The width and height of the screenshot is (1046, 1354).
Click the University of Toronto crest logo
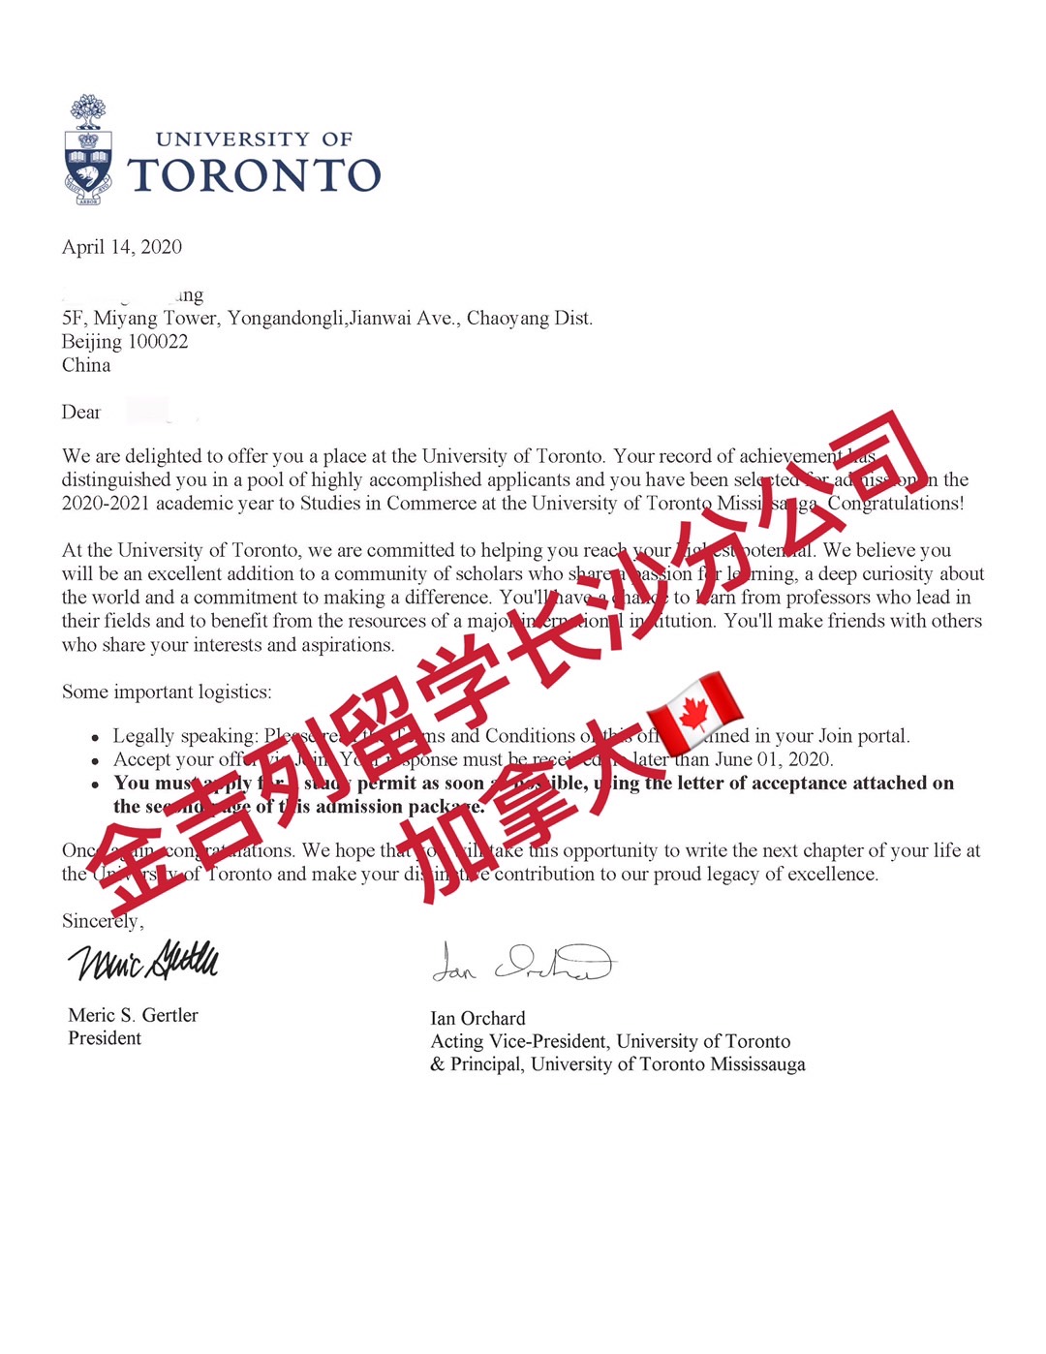88,151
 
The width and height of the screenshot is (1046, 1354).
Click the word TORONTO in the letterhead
254,175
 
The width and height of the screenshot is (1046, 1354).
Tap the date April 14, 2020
122,247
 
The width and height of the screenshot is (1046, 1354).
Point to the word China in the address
86,365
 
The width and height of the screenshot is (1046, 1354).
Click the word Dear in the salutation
81,413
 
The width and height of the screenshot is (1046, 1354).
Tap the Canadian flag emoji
694,713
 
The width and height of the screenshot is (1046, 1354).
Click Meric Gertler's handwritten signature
143,960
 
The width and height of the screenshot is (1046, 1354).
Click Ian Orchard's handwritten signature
522,962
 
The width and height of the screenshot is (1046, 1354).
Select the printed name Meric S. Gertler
133,1015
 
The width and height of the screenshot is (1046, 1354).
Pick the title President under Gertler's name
105,1038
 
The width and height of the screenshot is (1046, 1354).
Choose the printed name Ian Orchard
477,1019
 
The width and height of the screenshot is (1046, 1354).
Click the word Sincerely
102,921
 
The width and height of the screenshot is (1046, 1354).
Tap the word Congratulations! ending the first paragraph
896,504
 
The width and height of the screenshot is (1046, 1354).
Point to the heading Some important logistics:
167,692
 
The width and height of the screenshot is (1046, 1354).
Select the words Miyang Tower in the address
155,319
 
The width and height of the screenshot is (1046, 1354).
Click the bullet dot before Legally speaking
95,738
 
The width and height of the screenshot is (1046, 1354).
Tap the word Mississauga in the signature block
757,1064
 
